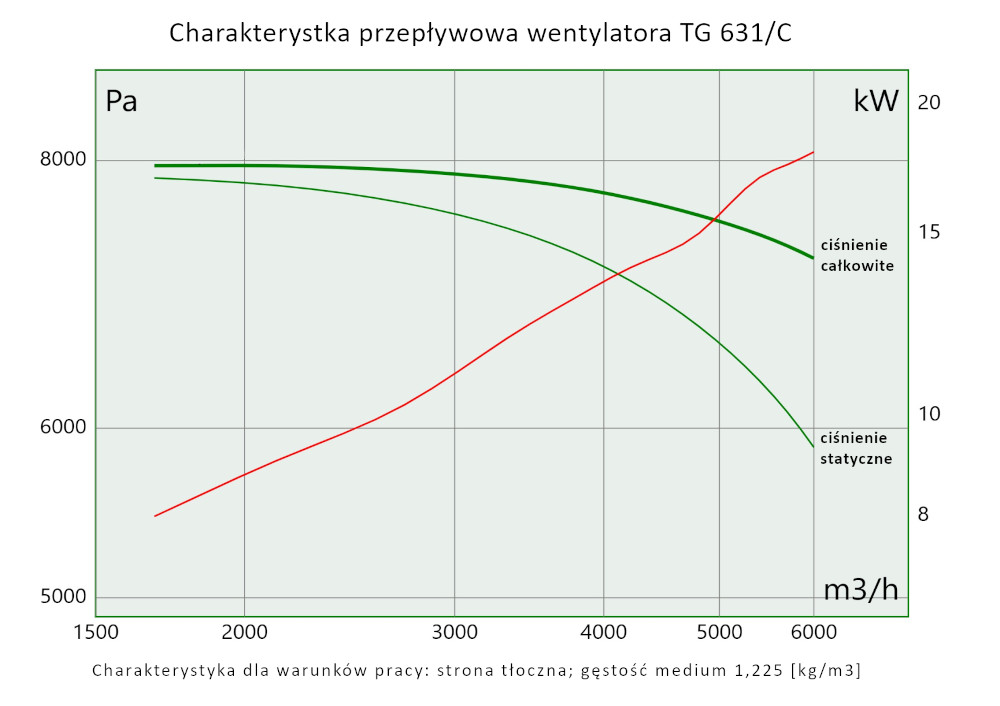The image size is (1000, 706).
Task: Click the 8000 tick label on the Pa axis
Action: (x=63, y=160)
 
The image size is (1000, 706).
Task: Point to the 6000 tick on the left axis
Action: (x=63, y=428)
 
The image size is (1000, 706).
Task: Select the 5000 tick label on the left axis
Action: (x=63, y=598)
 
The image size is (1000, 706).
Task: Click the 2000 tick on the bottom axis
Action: (x=244, y=632)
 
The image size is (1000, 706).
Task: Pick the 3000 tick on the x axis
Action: (x=454, y=632)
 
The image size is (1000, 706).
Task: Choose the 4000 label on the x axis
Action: (x=603, y=632)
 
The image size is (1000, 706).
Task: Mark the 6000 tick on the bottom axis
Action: (x=813, y=632)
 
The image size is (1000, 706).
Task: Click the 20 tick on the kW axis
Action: (x=929, y=102)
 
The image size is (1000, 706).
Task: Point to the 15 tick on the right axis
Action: (x=929, y=232)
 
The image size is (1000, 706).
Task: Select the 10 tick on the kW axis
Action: (x=929, y=413)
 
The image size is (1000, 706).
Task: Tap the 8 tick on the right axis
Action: (x=923, y=514)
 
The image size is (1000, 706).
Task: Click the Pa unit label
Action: (x=121, y=102)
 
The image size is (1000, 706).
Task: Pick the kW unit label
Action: (x=876, y=101)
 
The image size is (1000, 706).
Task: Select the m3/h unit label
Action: (x=861, y=590)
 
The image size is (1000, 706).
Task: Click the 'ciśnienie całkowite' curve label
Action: (x=856, y=256)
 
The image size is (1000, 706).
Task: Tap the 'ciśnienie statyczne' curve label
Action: (x=855, y=448)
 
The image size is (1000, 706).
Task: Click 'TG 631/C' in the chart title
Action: (x=735, y=34)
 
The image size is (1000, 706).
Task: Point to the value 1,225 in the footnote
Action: (x=753, y=670)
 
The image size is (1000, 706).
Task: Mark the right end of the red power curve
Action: (x=813, y=152)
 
